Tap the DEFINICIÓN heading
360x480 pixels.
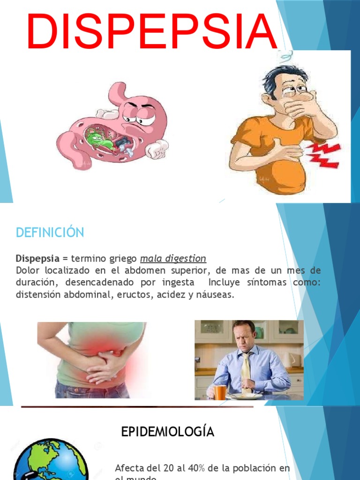coord(50,232)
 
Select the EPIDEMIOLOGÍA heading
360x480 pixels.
coord(168,432)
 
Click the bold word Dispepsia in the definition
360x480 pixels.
coord(37,258)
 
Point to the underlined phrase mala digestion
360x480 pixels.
coord(173,258)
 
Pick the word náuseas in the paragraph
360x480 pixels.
coord(215,295)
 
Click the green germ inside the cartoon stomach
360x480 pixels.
coord(96,138)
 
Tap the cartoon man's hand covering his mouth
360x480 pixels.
coord(300,108)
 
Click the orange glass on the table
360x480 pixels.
coord(220,392)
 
